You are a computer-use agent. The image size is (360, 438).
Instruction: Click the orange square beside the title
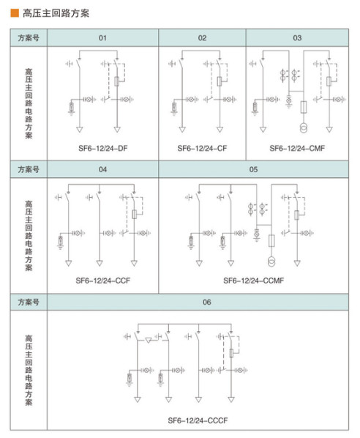[x=15, y=13]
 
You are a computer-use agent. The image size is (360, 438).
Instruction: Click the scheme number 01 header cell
[x=102, y=37]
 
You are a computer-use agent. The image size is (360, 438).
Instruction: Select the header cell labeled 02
[x=202, y=37]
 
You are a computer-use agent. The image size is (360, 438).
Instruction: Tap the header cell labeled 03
[x=297, y=37]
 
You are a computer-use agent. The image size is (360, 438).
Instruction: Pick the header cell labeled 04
[x=102, y=169]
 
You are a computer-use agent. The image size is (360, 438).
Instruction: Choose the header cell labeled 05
[x=253, y=169]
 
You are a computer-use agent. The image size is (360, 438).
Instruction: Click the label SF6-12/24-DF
[x=102, y=149]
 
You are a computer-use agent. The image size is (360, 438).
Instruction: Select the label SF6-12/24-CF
[x=202, y=149]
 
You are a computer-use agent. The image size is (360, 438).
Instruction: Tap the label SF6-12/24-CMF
[x=297, y=149]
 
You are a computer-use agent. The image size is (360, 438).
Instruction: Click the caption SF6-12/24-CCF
[x=102, y=281]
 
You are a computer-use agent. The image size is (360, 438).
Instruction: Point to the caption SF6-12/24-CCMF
[x=253, y=281]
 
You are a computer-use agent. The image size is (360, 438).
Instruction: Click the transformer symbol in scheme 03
[x=304, y=127]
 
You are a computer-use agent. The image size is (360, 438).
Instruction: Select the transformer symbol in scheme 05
[x=271, y=261]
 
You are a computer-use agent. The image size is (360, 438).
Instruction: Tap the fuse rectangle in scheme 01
[x=117, y=81]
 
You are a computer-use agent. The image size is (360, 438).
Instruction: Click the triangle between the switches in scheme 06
[x=149, y=340]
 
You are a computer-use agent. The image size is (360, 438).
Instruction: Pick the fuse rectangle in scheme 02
[x=220, y=81]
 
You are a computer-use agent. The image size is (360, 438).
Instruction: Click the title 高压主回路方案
[x=56, y=13]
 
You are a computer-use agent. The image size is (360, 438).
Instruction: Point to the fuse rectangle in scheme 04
[x=134, y=215]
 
